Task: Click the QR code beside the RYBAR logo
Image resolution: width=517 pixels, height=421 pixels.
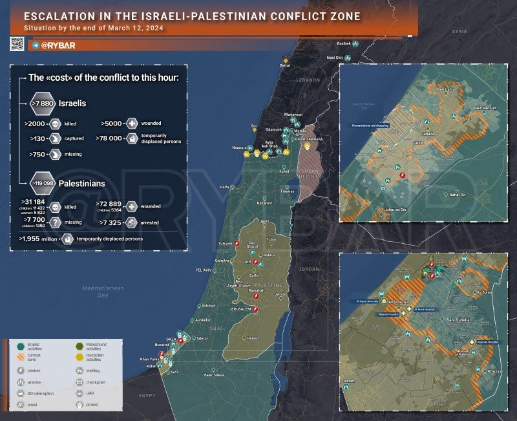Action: (17, 44)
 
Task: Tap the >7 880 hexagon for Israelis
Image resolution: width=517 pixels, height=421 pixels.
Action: (42, 103)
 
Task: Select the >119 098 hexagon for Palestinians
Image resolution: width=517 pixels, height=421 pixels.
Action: (42, 183)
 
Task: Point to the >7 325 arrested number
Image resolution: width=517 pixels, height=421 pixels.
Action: (110, 222)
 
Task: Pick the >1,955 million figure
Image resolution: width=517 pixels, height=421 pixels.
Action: (37, 239)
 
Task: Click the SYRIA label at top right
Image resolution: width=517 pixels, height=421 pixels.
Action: (459, 31)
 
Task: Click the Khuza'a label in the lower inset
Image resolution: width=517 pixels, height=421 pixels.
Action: (495, 371)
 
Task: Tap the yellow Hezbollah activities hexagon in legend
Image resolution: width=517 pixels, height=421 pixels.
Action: (79, 356)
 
